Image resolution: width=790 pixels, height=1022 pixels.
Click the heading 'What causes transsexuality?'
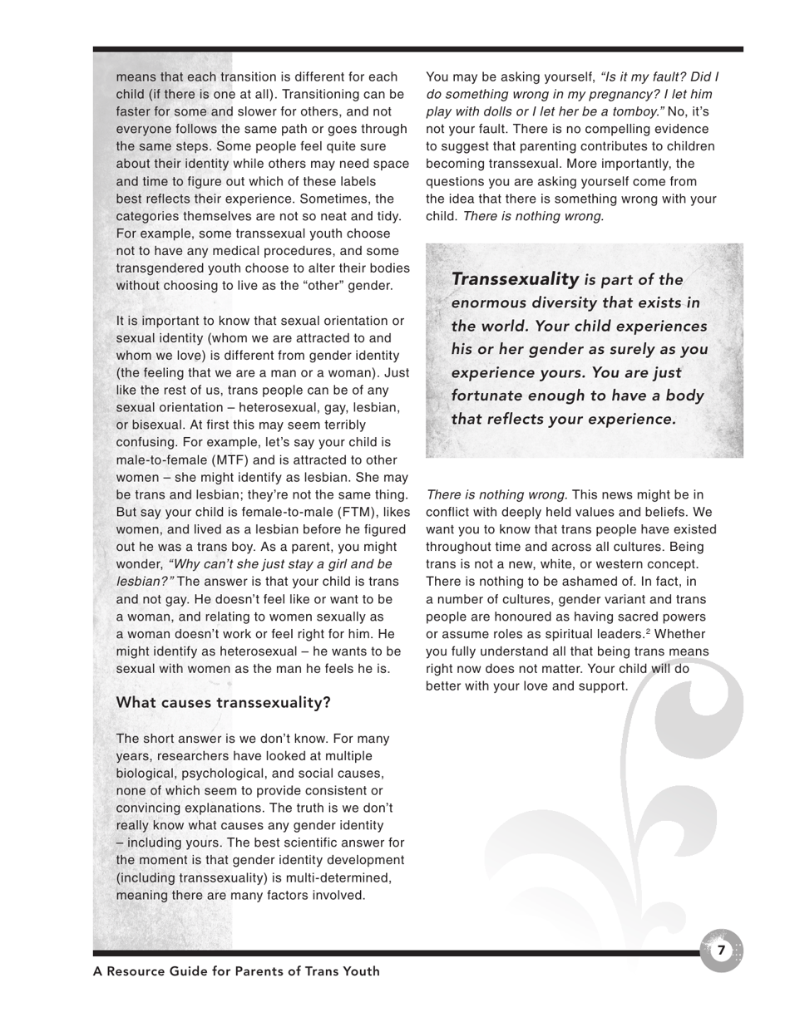[x=223, y=702]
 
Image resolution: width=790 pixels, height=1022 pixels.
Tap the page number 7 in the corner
[x=721, y=950]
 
